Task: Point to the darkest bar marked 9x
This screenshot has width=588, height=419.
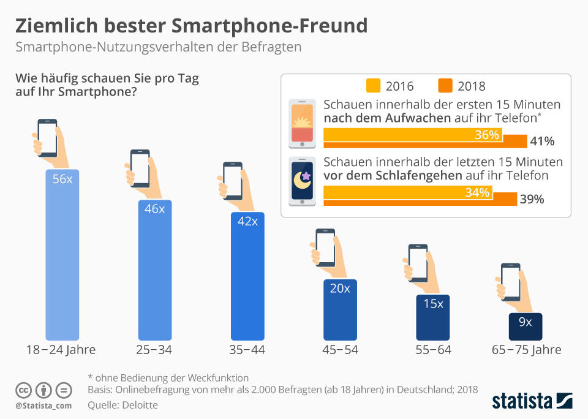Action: click(525, 326)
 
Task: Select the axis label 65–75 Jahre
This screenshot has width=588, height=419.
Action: click(526, 350)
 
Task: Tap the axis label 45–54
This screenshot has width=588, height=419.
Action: click(340, 350)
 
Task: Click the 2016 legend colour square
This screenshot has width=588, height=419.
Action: click(373, 86)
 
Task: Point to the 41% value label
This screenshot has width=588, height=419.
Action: click(542, 142)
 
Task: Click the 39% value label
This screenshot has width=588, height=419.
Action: click(532, 199)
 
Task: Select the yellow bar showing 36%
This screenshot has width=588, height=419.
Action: click(412, 135)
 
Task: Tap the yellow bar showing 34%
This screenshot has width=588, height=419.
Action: click(407, 193)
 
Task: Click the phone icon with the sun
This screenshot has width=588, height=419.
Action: click(302, 124)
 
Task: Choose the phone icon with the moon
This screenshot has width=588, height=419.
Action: click(302, 181)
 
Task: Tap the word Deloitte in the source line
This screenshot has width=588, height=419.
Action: click(140, 405)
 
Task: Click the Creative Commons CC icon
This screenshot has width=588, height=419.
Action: click(23, 390)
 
